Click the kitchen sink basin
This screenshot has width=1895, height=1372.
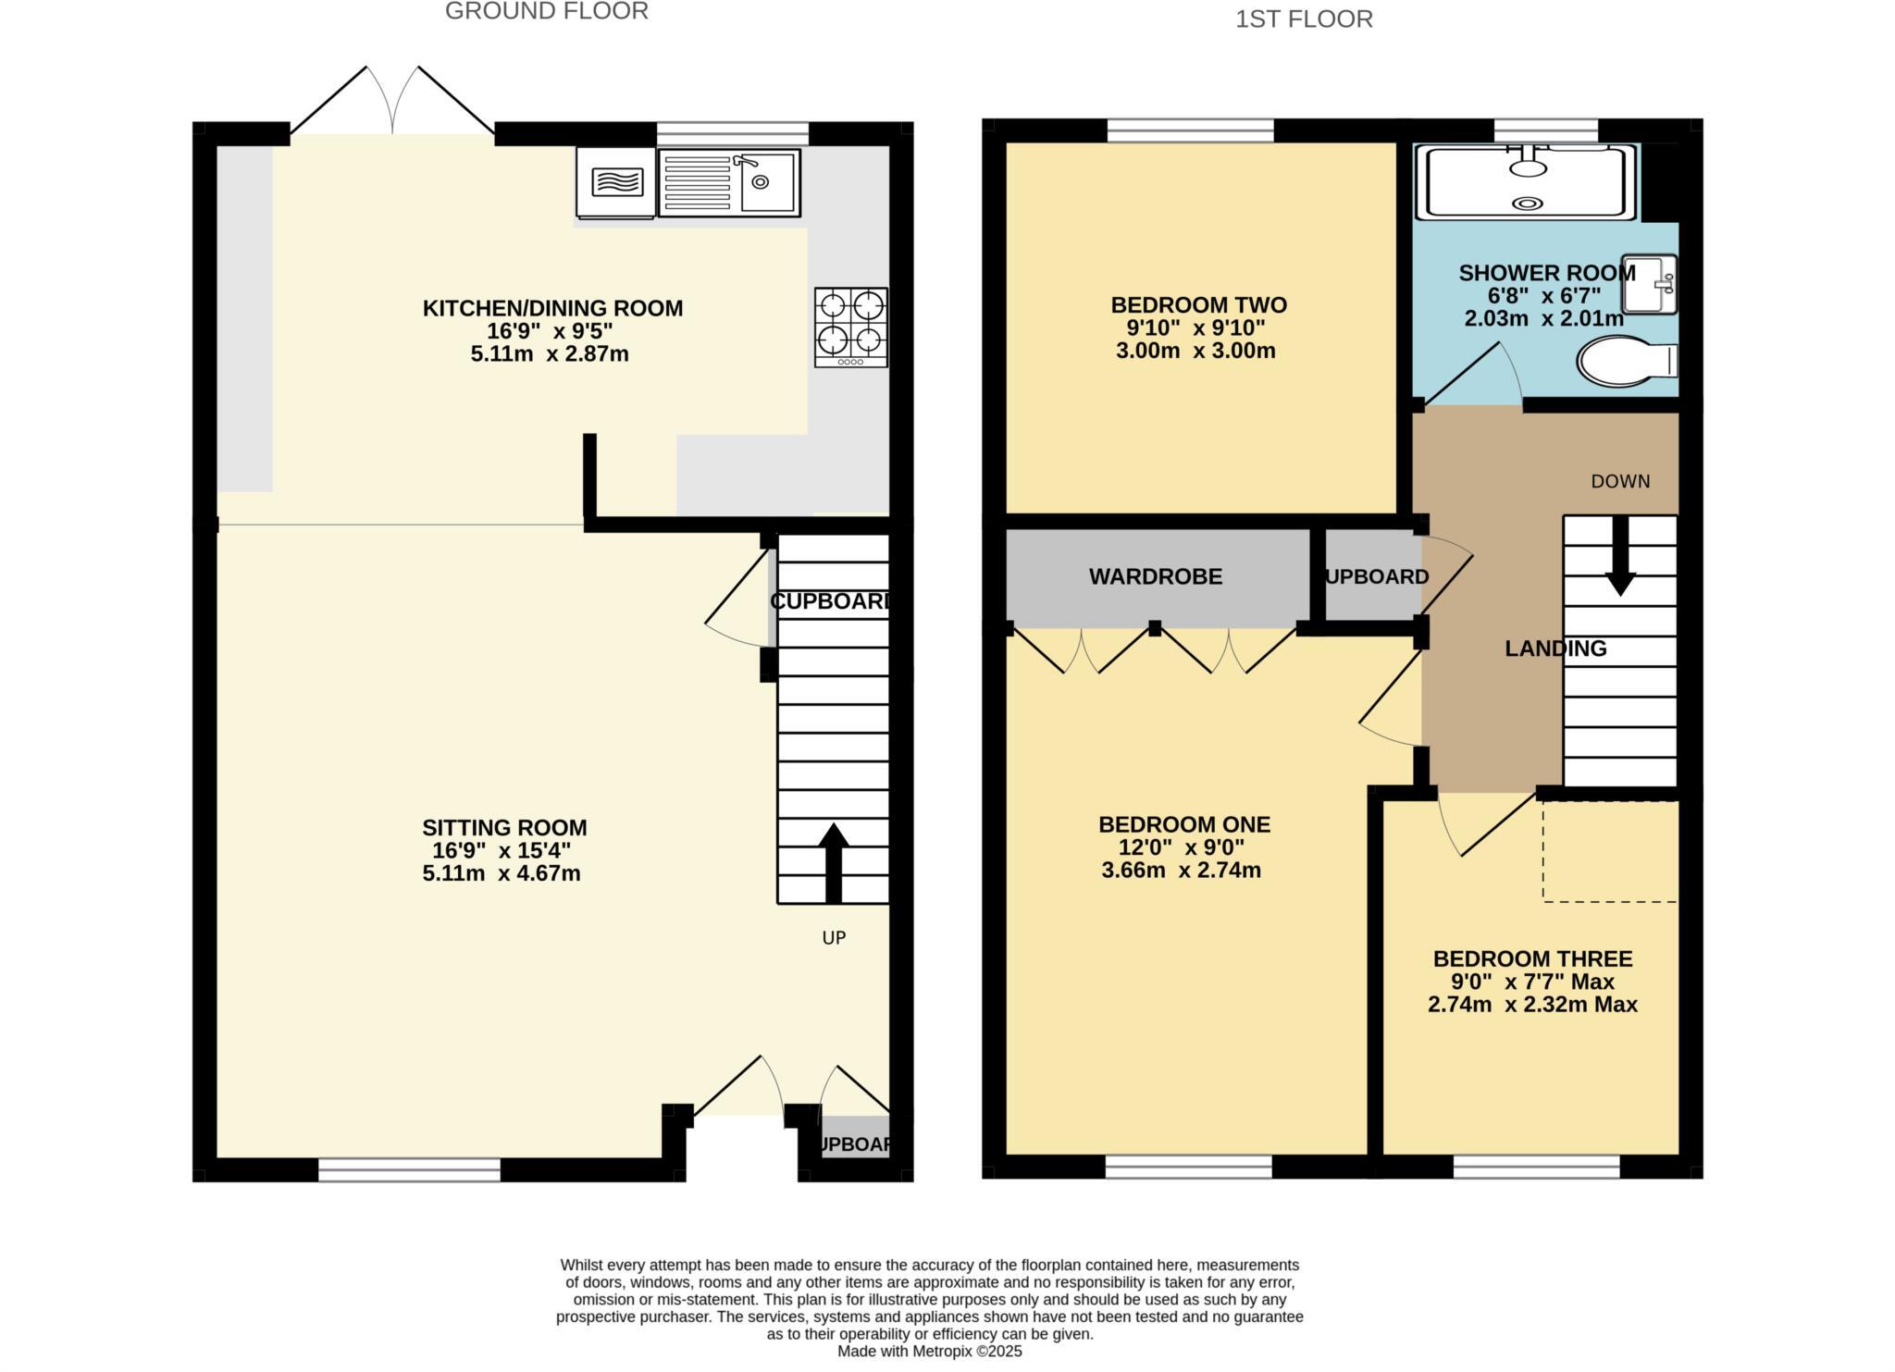[x=769, y=182]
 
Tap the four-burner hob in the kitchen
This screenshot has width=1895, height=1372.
[x=850, y=327]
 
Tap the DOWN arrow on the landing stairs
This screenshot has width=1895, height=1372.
[x=1620, y=555]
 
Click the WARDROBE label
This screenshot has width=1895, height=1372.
[x=1155, y=577]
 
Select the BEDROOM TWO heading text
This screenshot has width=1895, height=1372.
[x=1198, y=305]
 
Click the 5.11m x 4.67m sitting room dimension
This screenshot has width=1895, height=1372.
[x=502, y=873]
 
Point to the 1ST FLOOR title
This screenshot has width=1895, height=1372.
[x=1304, y=19]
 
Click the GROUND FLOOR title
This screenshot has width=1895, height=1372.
[x=546, y=11]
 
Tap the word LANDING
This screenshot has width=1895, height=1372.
[x=1555, y=649]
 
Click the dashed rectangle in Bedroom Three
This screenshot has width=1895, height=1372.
[x=1609, y=850]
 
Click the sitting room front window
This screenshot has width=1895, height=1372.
[x=409, y=1170]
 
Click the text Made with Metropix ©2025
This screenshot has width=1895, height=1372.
[x=929, y=1352]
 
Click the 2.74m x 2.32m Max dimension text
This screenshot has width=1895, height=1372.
[x=1532, y=1005]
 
